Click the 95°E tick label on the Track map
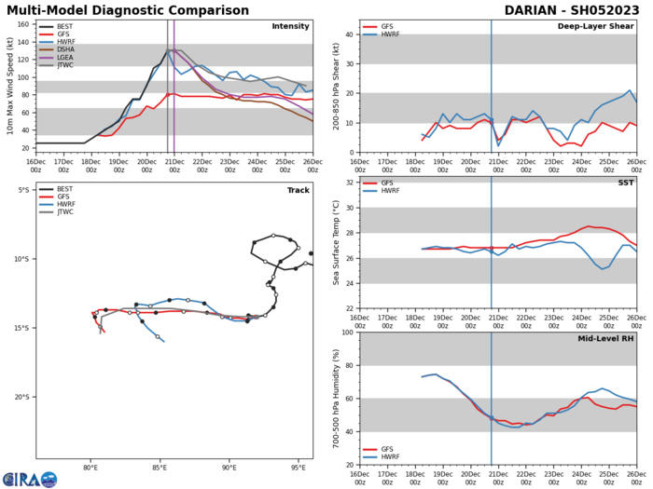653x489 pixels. pyautogui.click(x=299, y=468)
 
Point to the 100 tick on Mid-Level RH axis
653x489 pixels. pyautogui.click(x=346, y=333)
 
